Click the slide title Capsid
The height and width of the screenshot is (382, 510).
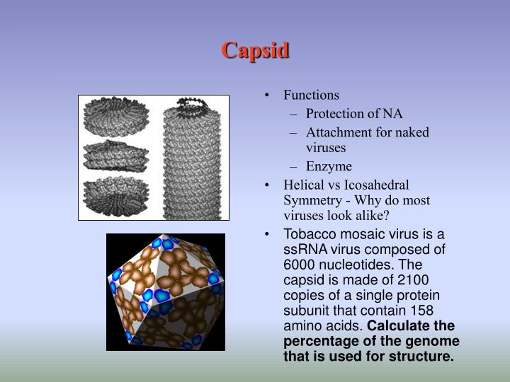(255, 51)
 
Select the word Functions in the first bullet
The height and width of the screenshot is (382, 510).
(311, 95)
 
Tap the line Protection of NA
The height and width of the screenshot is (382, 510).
(354, 113)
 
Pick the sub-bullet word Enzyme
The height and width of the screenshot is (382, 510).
(329, 167)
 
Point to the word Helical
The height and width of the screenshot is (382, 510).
(305, 185)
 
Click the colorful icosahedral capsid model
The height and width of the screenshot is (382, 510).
(166, 291)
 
